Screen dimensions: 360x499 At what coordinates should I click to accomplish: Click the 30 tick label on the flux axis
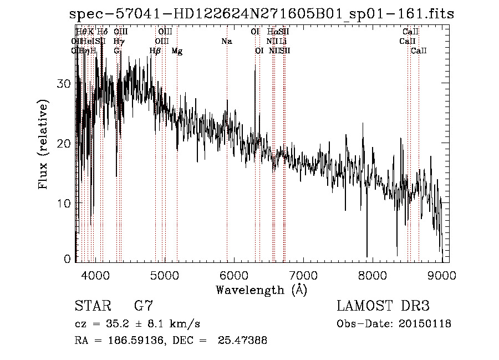tap(65, 83)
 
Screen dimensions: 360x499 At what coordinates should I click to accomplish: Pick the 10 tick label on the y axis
tap(65, 203)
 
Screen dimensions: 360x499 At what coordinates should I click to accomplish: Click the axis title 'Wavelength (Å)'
tap(261, 290)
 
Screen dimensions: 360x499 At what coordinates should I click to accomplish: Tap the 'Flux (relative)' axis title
tap(43, 144)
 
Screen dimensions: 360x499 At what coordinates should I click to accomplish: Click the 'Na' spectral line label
tap(226, 42)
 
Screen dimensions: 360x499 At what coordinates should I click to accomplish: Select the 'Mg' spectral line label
tap(177, 51)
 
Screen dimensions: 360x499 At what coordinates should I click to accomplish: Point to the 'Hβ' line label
tap(155, 51)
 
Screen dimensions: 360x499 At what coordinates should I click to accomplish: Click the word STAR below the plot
tap(92, 306)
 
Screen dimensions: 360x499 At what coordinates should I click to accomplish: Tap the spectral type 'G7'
tap(143, 306)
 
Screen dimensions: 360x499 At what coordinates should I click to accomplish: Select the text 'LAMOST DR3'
tap(383, 306)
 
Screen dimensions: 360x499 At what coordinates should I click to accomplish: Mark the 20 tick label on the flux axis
tap(65, 143)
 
